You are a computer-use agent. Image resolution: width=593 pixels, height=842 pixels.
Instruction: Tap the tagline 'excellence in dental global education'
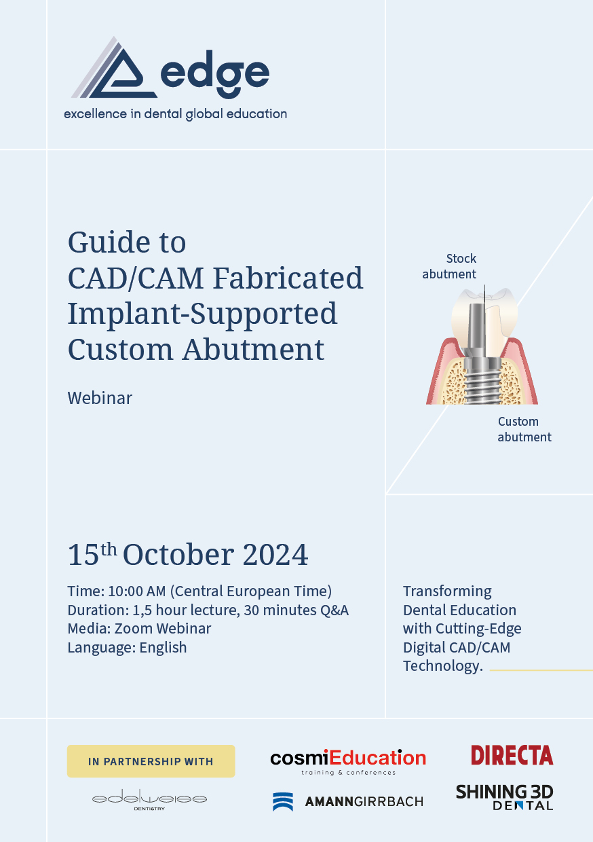tap(175, 114)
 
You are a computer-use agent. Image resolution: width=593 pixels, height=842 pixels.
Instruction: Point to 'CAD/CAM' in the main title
tap(136, 278)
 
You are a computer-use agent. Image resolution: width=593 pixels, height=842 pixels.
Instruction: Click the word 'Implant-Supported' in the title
tap(202, 314)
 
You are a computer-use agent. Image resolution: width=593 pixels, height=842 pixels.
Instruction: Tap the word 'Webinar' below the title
tap(100, 398)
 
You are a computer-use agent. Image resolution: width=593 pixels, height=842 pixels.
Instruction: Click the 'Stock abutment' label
tap(449, 266)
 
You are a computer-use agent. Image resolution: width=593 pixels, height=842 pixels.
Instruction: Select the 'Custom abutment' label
tap(524, 429)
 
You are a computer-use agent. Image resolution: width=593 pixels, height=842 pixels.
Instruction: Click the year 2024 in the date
tap(275, 555)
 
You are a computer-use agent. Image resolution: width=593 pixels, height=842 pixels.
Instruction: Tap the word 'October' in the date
tap(178, 555)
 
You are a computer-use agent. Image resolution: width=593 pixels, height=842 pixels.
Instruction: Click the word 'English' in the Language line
tap(163, 648)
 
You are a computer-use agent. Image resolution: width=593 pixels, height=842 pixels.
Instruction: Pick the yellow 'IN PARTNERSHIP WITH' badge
tap(151, 761)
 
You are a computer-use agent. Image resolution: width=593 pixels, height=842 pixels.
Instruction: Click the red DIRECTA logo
tap(512, 755)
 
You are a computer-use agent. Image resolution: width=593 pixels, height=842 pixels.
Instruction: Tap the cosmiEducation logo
tap(348, 762)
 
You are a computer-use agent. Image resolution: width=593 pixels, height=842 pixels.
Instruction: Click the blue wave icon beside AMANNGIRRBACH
tap(283, 801)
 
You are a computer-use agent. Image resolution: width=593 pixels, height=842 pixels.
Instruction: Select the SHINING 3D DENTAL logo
tap(504, 797)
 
